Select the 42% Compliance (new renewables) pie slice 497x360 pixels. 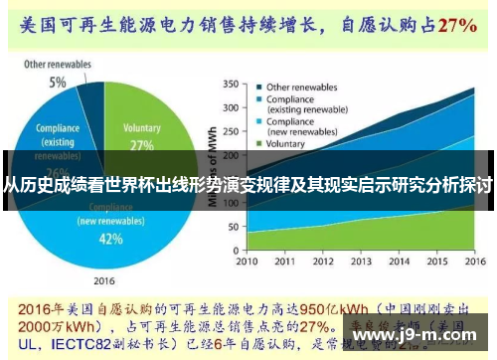pyautogui.click(x=109, y=230)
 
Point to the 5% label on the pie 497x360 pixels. pyautogui.click(x=59, y=82)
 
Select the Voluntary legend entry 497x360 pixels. pyautogui.click(x=288, y=143)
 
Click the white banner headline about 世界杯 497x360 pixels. pyautogui.click(x=248, y=185)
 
